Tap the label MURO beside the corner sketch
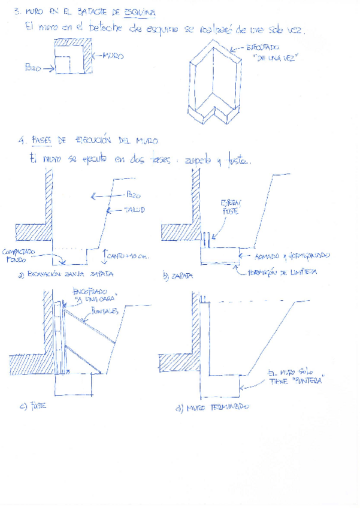113,56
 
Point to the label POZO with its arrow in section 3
34,68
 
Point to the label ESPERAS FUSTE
229,207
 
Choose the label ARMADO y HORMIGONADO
292,256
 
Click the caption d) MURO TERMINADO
213,407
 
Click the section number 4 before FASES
21,141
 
